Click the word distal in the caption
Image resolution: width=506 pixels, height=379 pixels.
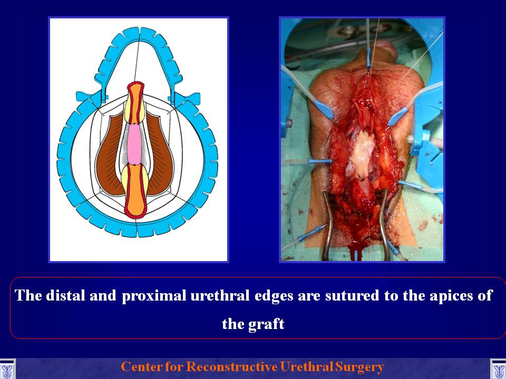(x=64, y=295)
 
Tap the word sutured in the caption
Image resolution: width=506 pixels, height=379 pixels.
(x=352, y=295)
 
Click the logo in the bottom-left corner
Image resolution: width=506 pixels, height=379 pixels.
(x=7, y=369)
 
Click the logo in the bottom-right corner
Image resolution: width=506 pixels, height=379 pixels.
(x=498, y=369)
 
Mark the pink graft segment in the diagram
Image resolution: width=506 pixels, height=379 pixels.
(x=134, y=144)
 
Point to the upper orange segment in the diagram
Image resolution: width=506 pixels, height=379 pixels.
(x=135, y=102)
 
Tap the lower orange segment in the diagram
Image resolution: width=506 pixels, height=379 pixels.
(x=135, y=191)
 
